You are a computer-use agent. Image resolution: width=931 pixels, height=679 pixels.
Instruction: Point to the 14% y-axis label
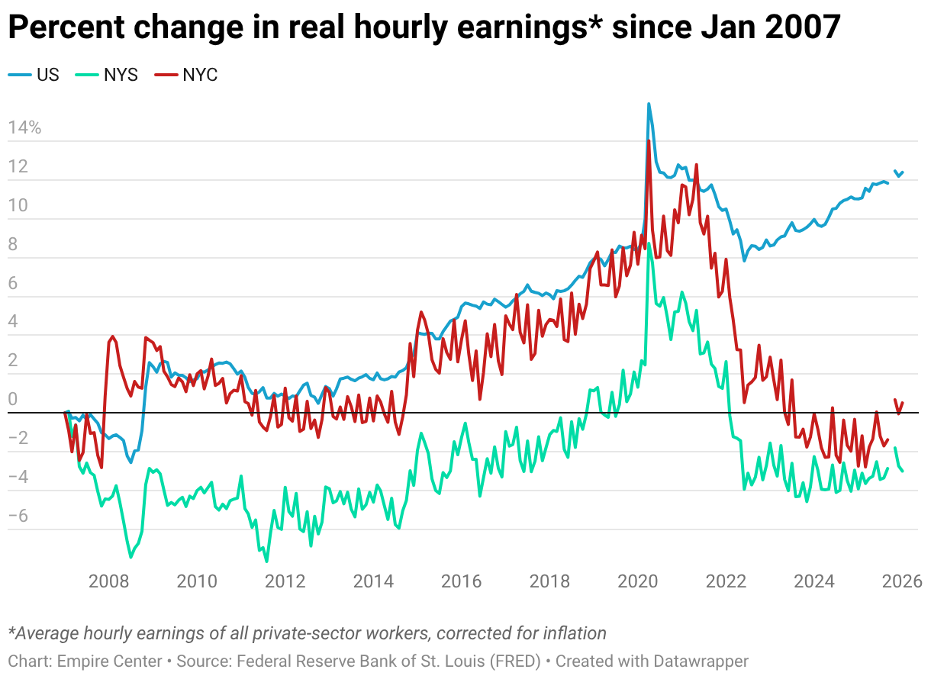click(24, 127)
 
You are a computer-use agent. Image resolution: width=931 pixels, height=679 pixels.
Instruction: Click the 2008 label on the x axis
click(108, 581)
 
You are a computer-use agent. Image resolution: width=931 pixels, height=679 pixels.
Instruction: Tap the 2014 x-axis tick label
click(373, 581)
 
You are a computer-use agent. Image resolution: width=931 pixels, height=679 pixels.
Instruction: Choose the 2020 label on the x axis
click(638, 581)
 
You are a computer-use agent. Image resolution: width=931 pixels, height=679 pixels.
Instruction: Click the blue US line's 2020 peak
click(649, 104)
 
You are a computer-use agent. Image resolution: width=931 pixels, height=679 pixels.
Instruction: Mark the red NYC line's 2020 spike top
click(648, 141)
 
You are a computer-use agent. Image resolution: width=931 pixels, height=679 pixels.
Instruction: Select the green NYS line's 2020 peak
click(649, 244)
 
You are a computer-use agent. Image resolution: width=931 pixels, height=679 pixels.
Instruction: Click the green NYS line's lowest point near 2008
click(130, 558)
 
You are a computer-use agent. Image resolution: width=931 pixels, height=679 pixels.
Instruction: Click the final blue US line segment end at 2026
click(903, 172)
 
